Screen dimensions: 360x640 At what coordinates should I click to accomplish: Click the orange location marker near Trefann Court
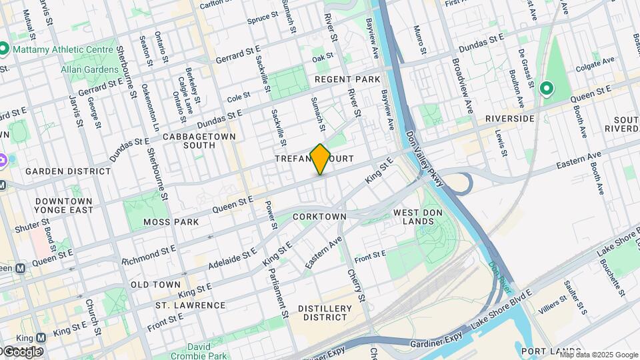320,159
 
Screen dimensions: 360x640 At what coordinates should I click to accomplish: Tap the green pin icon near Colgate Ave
547,88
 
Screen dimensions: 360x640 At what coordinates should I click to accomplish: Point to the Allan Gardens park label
89,69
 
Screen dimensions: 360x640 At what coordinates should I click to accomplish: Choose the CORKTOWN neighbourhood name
320,217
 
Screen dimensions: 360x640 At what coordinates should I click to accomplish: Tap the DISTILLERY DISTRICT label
325,313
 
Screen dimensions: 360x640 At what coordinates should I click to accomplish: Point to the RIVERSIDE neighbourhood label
510,119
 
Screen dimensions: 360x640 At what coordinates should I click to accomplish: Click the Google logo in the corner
21,351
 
